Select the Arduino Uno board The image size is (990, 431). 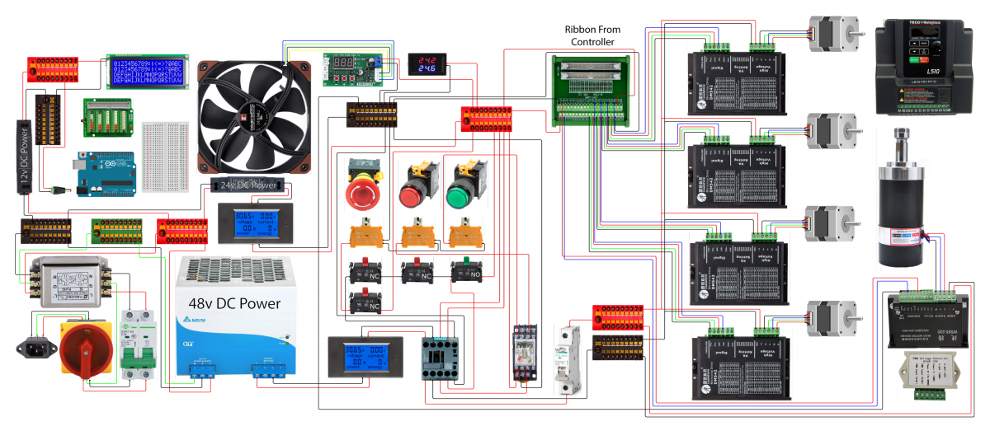click(x=106, y=173)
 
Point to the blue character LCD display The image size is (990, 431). click(x=148, y=72)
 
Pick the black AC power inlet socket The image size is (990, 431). click(x=32, y=349)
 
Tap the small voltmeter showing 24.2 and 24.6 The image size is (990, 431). click(x=428, y=63)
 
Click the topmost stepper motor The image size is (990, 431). click(x=831, y=33)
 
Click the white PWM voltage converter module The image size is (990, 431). click(x=927, y=376)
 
